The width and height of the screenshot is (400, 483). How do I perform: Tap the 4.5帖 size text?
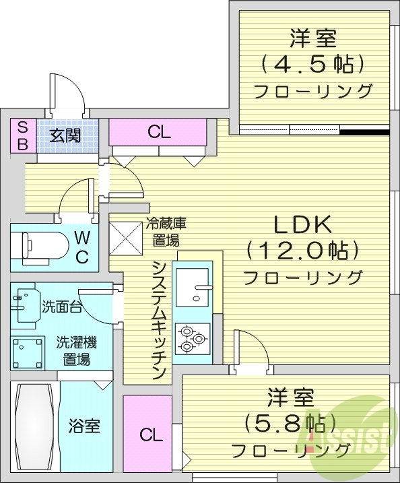tap(311, 63)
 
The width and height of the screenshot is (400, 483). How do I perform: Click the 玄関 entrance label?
tap(65, 135)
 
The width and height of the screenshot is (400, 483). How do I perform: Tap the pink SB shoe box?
tap(22, 135)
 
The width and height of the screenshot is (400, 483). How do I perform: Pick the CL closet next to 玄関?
tap(159, 132)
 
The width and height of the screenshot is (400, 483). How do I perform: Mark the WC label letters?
tap(81, 247)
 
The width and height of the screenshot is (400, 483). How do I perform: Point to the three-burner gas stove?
tap(193, 337)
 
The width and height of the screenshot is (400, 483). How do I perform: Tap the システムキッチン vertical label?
tap(159, 319)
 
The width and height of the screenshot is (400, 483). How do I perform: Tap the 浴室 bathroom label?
tap(85, 426)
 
